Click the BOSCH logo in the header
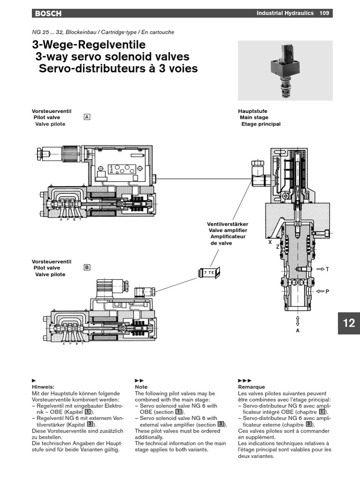[x=48, y=14]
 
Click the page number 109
[x=324, y=14]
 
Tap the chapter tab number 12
[x=349, y=323]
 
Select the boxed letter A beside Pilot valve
[x=87, y=117]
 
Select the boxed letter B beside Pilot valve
[x=87, y=268]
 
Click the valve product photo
[x=285, y=70]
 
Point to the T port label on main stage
[x=327, y=269]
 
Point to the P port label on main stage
[x=327, y=292]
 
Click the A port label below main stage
[x=298, y=330]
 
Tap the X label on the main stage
[x=270, y=243]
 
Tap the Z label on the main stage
[x=277, y=247]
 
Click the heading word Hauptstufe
[x=253, y=111]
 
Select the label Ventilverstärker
[x=228, y=224]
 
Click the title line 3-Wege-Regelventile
[x=89, y=45]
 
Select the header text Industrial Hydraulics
[x=285, y=14]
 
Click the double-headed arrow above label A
[x=298, y=321]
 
